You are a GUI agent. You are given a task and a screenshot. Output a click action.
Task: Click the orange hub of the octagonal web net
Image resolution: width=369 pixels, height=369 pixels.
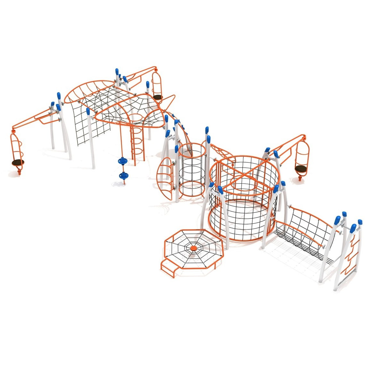point(193,248)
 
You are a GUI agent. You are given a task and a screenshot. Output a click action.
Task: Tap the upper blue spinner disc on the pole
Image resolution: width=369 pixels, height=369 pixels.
point(123,160)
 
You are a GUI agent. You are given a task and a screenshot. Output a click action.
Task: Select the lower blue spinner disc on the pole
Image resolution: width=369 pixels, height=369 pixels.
point(123,175)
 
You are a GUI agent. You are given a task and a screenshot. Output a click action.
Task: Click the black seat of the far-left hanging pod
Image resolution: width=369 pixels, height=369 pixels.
point(18,162)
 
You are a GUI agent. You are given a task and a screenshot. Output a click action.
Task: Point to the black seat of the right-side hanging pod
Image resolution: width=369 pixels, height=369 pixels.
point(301,168)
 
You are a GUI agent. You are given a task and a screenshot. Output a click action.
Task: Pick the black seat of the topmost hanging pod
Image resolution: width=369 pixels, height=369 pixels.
point(157,97)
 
